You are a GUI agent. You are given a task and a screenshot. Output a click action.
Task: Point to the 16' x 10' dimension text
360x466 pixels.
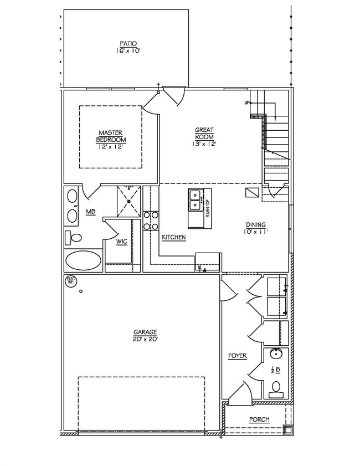coord(128,50)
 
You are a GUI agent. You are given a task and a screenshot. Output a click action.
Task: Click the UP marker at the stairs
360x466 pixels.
coord(247,103)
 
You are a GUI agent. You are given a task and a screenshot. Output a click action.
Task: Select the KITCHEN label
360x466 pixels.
coord(173,237)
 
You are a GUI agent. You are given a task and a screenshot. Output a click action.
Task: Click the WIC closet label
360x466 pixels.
coord(122,242)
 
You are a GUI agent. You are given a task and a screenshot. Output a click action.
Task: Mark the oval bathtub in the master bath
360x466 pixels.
coord(83,259)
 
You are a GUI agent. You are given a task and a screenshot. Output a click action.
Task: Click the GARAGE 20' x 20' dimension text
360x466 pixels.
coord(145,339)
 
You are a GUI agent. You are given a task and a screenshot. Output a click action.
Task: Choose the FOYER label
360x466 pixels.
coord(238,356)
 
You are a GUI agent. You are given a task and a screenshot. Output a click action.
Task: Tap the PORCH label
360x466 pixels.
coord(259,419)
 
